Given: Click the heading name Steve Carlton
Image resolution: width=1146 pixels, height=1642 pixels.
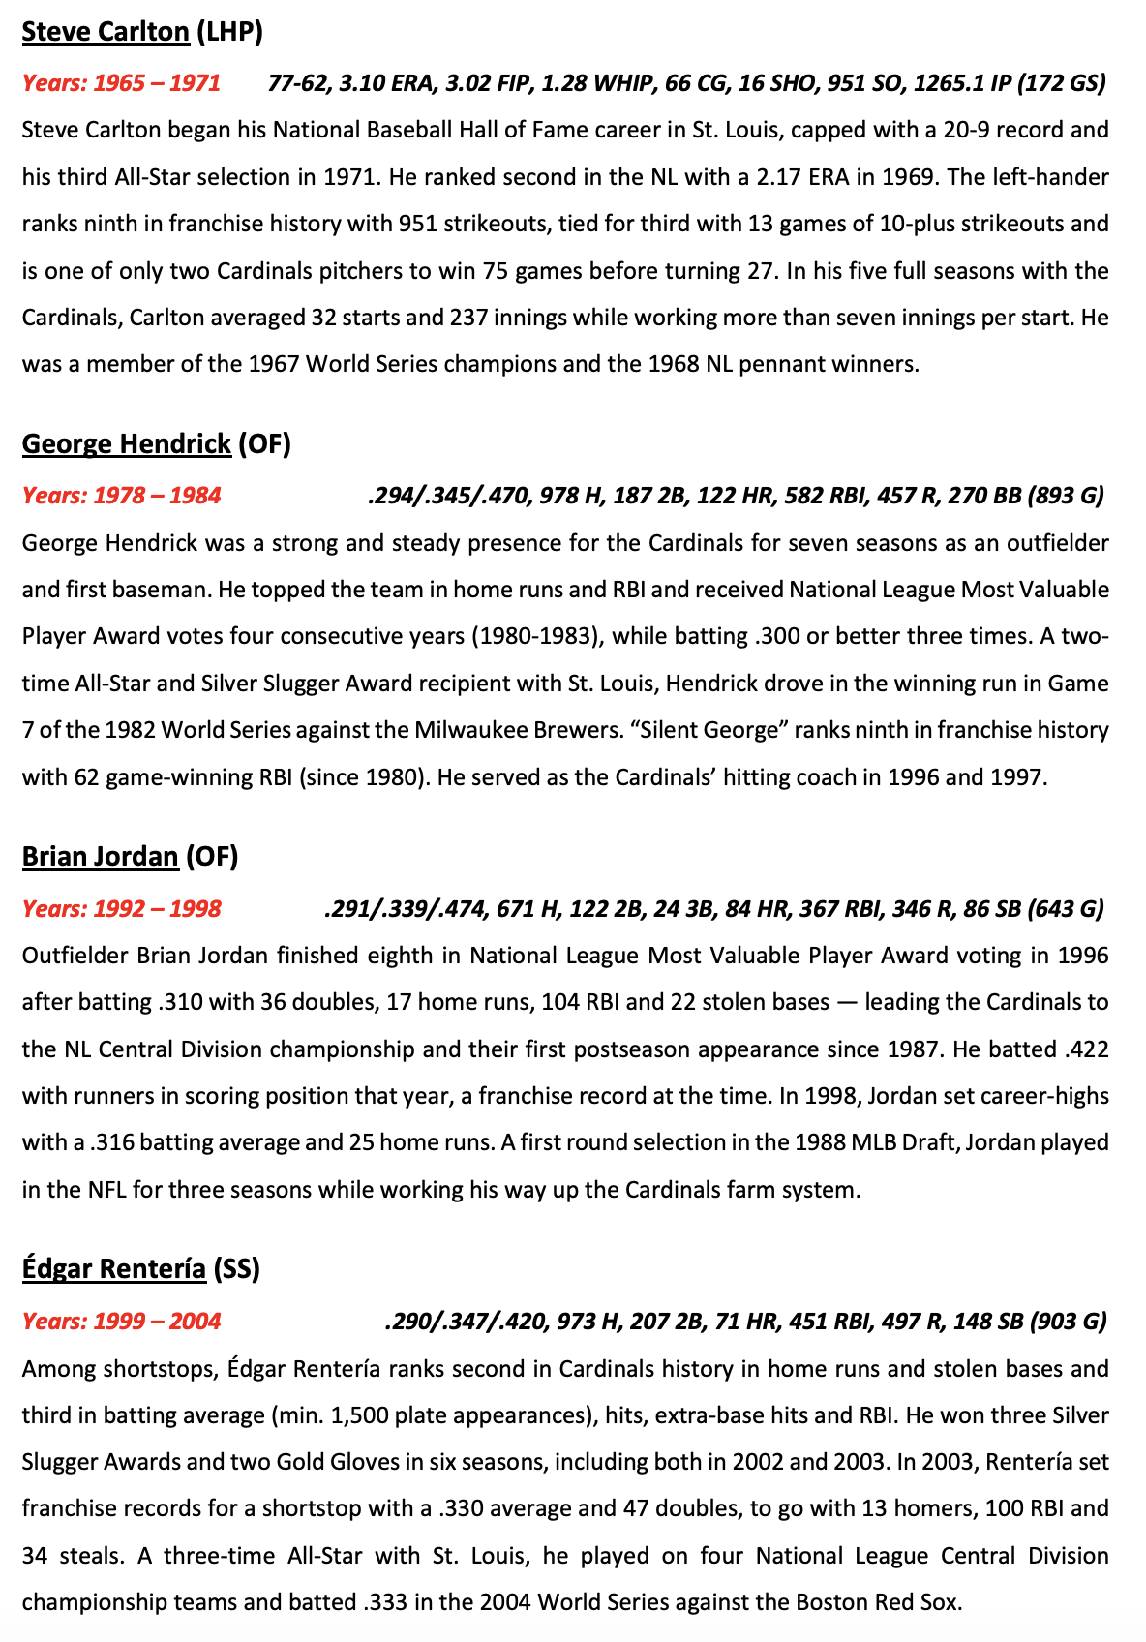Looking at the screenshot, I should (106, 32).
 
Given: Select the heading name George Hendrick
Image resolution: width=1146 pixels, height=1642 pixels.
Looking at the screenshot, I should (126, 443).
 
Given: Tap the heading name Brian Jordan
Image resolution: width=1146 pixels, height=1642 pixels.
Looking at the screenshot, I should (100, 856).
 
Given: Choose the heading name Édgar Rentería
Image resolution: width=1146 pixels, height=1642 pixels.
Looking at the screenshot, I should (113, 1268).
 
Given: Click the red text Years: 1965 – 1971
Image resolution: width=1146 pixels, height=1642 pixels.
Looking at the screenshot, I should (121, 83).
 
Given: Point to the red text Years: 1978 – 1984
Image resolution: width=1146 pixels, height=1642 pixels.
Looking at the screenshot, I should (121, 496).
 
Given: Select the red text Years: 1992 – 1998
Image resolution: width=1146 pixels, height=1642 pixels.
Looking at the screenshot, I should (121, 909).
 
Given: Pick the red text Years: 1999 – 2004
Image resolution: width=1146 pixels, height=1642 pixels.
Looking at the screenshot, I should (121, 1322).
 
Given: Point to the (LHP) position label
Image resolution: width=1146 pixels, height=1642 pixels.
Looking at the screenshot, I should (229, 32).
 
